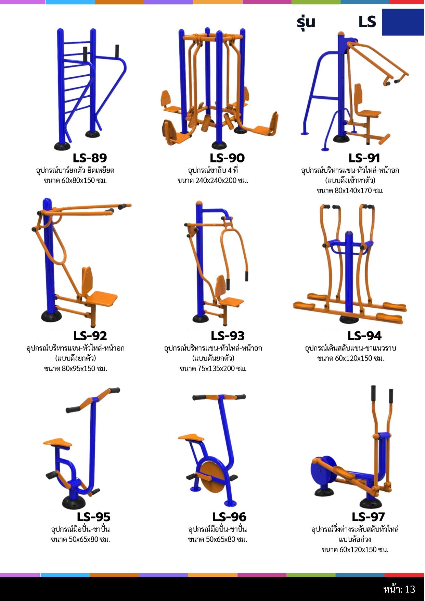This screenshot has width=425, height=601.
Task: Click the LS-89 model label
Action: pyautogui.click(x=90, y=158)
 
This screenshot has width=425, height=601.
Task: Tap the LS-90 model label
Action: pyautogui.click(x=227, y=158)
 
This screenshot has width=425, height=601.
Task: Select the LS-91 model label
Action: pyautogui.click(x=364, y=158)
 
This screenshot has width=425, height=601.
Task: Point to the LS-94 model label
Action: pyautogui.click(x=364, y=336)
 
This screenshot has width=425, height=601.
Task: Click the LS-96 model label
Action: pyautogui.click(x=229, y=517)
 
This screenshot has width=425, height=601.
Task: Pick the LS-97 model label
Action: pyautogui.click(x=368, y=517)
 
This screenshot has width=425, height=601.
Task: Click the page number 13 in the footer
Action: pyautogui.click(x=410, y=589)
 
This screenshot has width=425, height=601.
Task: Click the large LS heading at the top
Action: pyautogui.click(x=367, y=22)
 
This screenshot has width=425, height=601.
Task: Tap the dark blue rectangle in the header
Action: pyautogui.click(x=403, y=22)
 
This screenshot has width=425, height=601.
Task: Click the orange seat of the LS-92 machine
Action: pyautogui.click(x=101, y=299)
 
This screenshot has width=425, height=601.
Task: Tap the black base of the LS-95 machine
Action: pyautogui.click(x=74, y=502)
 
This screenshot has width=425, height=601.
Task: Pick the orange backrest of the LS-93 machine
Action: pyautogui.click(x=221, y=286)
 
